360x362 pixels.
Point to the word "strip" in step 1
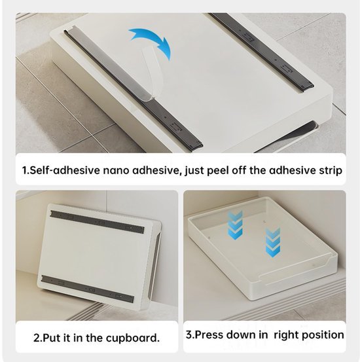point(331,171)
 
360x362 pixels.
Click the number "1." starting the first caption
point(26,171)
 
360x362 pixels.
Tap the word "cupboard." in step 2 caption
point(133,338)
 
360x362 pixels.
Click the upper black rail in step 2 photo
point(98,221)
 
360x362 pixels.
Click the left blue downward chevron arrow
point(235,225)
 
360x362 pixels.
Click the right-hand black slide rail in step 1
point(262,51)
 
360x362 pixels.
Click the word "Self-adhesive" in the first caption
point(65,171)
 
